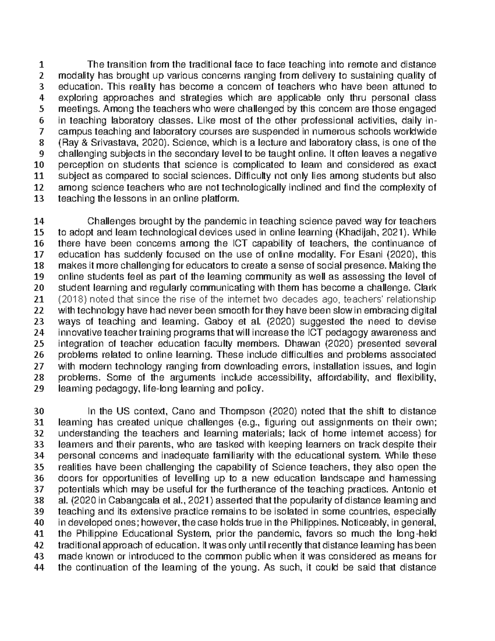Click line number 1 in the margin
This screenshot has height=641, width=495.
point(41,64)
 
